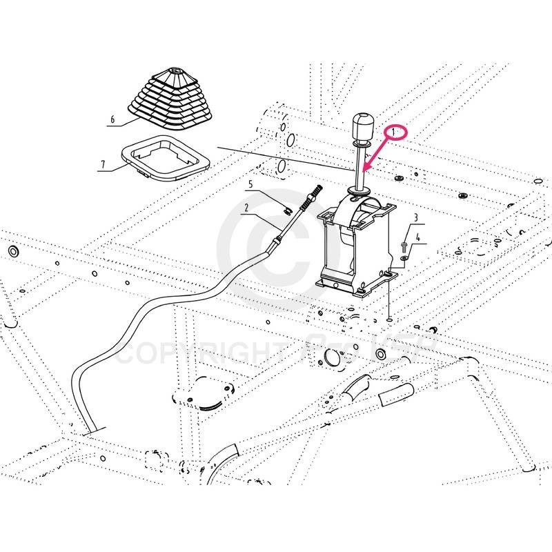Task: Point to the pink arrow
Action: pyautogui.click(x=377, y=155)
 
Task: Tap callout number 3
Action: pyautogui.click(x=416, y=218)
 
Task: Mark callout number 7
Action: pyautogui.click(x=103, y=165)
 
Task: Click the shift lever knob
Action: pyautogui.click(x=362, y=126)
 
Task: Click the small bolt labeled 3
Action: pyautogui.click(x=403, y=244)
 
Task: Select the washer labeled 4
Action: pyautogui.click(x=404, y=259)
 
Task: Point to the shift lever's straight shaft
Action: pyautogui.click(x=361, y=163)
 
